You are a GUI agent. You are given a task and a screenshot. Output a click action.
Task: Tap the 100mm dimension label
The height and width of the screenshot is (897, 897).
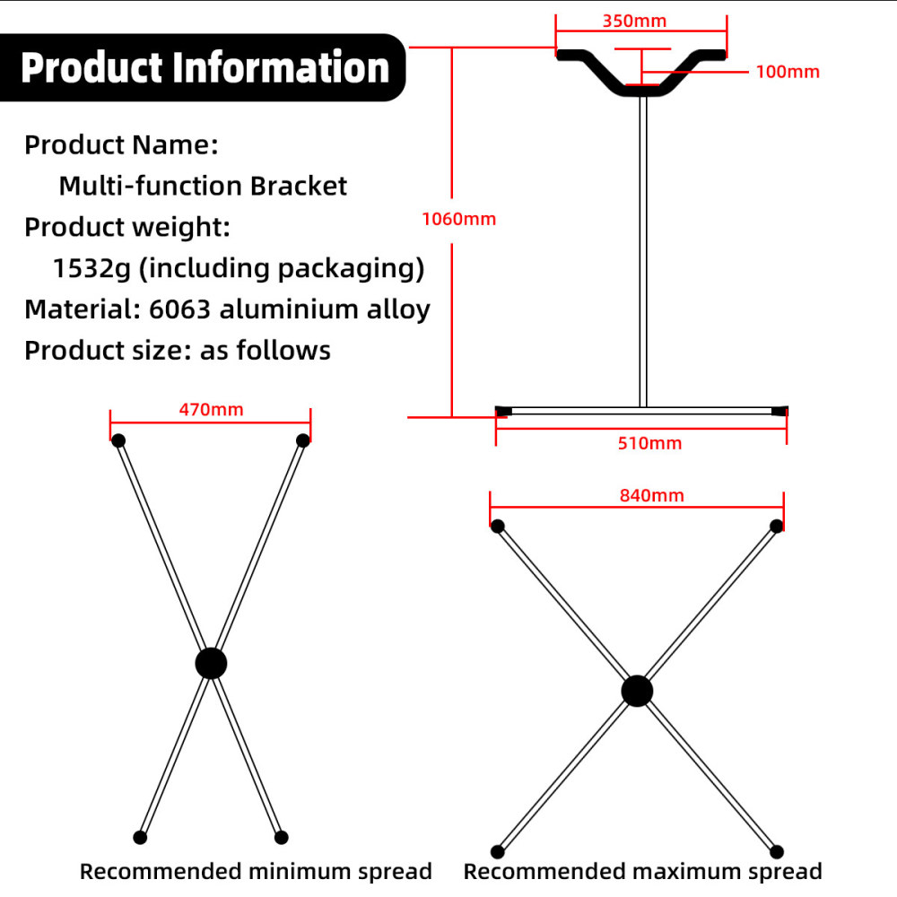[788, 72]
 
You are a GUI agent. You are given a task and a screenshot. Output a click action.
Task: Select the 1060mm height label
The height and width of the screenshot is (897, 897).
[458, 218]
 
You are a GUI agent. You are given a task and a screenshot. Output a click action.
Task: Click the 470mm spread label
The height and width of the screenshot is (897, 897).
[211, 410]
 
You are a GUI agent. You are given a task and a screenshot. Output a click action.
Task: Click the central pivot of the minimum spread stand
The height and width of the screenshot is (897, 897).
[211, 664]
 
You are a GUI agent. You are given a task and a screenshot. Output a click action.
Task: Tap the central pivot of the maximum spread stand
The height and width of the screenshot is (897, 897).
[637, 691]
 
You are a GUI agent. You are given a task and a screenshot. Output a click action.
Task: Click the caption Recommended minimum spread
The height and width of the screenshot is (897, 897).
[256, 871]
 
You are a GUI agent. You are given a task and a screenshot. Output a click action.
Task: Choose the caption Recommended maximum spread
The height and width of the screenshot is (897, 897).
[642, 871]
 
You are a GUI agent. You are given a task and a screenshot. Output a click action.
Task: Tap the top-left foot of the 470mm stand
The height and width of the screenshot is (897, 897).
[118, 440]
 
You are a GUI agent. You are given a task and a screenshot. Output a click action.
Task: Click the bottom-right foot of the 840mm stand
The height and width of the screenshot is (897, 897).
[777, 851]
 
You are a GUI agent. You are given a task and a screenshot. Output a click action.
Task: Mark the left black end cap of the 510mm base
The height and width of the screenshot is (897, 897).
[503, 411]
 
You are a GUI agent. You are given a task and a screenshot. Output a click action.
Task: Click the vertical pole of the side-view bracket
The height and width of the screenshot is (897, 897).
[642, 251]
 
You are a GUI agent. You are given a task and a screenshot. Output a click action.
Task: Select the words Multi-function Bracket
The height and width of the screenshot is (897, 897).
[203, 187]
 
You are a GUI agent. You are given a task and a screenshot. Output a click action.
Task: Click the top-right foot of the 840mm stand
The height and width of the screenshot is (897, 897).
[777, 526]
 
